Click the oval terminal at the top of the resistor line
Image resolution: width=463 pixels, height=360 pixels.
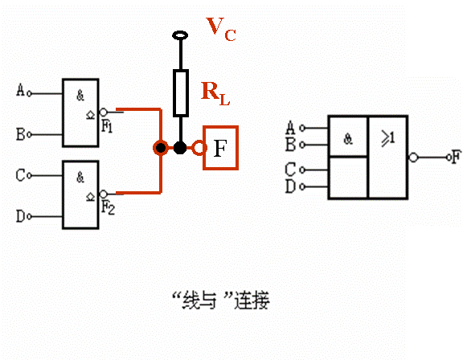pyautogui.click(x=181, y=35)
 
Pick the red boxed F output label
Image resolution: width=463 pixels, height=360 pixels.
pyautogui.click(x=220, y=148)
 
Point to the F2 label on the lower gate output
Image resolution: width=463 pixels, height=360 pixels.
pyautogui.click(x=108, y=207)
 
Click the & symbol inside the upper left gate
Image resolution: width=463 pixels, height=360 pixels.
pyautogui.click(x=80, y=95)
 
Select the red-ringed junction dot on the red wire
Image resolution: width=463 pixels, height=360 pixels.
pyautogui.click(x=161, y=148)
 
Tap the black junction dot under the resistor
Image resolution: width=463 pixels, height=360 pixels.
pyautogui.click(x=181, y=148)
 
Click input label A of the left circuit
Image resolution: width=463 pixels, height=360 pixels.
pyautogui.click(x=20, y=91)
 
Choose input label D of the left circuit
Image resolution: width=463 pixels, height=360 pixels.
pyautogui.click(x=20, y=215)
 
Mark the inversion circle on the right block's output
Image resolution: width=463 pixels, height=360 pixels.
pyautogui.click(x=413, y=157)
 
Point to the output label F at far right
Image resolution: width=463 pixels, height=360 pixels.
pyautogui.click(x=455, y=157)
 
